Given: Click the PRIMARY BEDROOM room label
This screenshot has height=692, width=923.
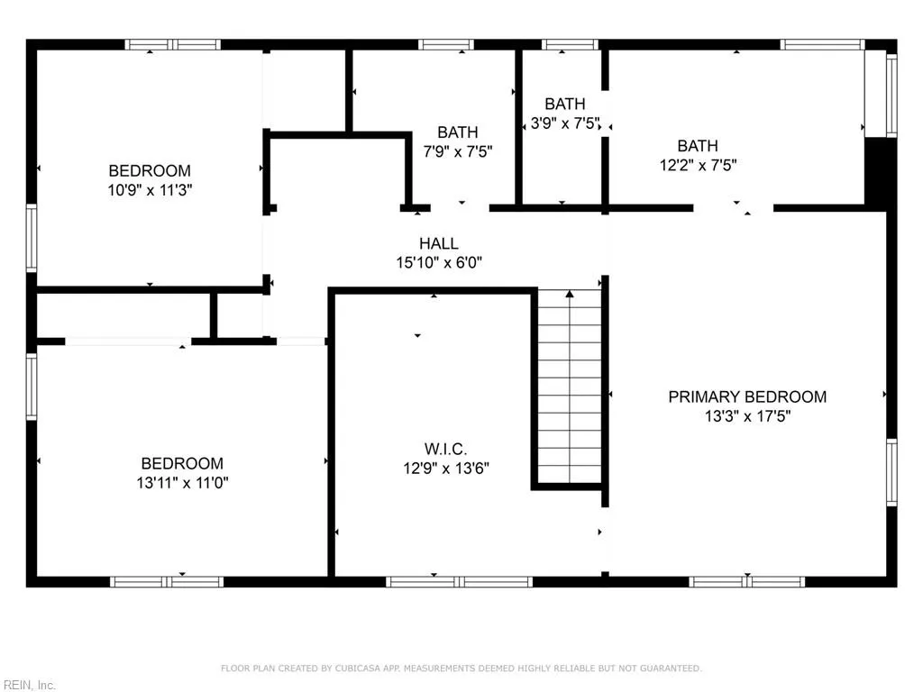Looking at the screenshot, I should [746, 396].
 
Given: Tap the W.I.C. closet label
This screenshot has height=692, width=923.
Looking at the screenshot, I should [446, 449].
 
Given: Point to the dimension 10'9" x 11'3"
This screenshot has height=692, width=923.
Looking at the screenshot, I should [150, 190].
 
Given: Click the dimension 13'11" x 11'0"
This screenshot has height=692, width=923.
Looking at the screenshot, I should [179, 483].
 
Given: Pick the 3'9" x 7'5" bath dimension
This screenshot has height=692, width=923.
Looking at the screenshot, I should [564, 123].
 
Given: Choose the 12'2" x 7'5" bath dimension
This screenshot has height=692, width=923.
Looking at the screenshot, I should [698, 165].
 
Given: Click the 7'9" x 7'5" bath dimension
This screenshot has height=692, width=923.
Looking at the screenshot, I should [458, 151].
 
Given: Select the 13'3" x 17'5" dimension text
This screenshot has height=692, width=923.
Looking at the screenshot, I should [747, 416].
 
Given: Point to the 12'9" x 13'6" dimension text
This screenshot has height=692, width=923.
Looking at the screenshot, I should [446, 469].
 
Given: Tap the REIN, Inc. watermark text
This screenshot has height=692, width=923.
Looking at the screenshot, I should [29, 685].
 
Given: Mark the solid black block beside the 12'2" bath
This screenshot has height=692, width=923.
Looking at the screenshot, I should [879, 173].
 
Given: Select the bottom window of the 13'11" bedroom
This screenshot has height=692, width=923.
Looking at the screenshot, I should [167, 582].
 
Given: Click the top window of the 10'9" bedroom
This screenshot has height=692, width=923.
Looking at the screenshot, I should [172, 44].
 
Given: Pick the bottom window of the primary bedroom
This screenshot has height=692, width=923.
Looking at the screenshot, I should [747, 582].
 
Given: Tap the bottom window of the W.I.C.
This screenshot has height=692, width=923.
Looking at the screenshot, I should [460, 582].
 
